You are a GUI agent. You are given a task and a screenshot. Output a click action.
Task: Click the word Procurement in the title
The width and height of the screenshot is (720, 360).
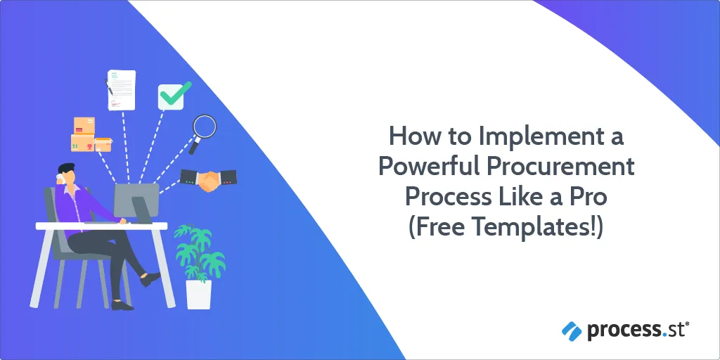560,166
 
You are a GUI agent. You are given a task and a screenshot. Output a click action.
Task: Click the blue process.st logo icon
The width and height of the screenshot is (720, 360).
572,331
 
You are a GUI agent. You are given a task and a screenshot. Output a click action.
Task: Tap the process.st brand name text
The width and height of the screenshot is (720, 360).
638,331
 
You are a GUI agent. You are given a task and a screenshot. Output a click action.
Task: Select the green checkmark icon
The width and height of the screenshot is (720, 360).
174,96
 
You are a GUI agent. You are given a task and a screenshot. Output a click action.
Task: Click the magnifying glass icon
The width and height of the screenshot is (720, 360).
202,133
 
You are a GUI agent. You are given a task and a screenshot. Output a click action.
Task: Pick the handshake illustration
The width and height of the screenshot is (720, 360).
208,180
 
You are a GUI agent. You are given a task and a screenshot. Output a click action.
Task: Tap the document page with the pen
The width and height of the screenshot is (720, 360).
120,90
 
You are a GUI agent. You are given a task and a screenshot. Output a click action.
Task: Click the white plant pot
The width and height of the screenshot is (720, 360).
199,294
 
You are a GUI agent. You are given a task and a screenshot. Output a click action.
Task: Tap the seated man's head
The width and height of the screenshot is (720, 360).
65,174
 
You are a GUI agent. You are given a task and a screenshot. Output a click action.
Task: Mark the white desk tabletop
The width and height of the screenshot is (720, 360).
101,226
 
